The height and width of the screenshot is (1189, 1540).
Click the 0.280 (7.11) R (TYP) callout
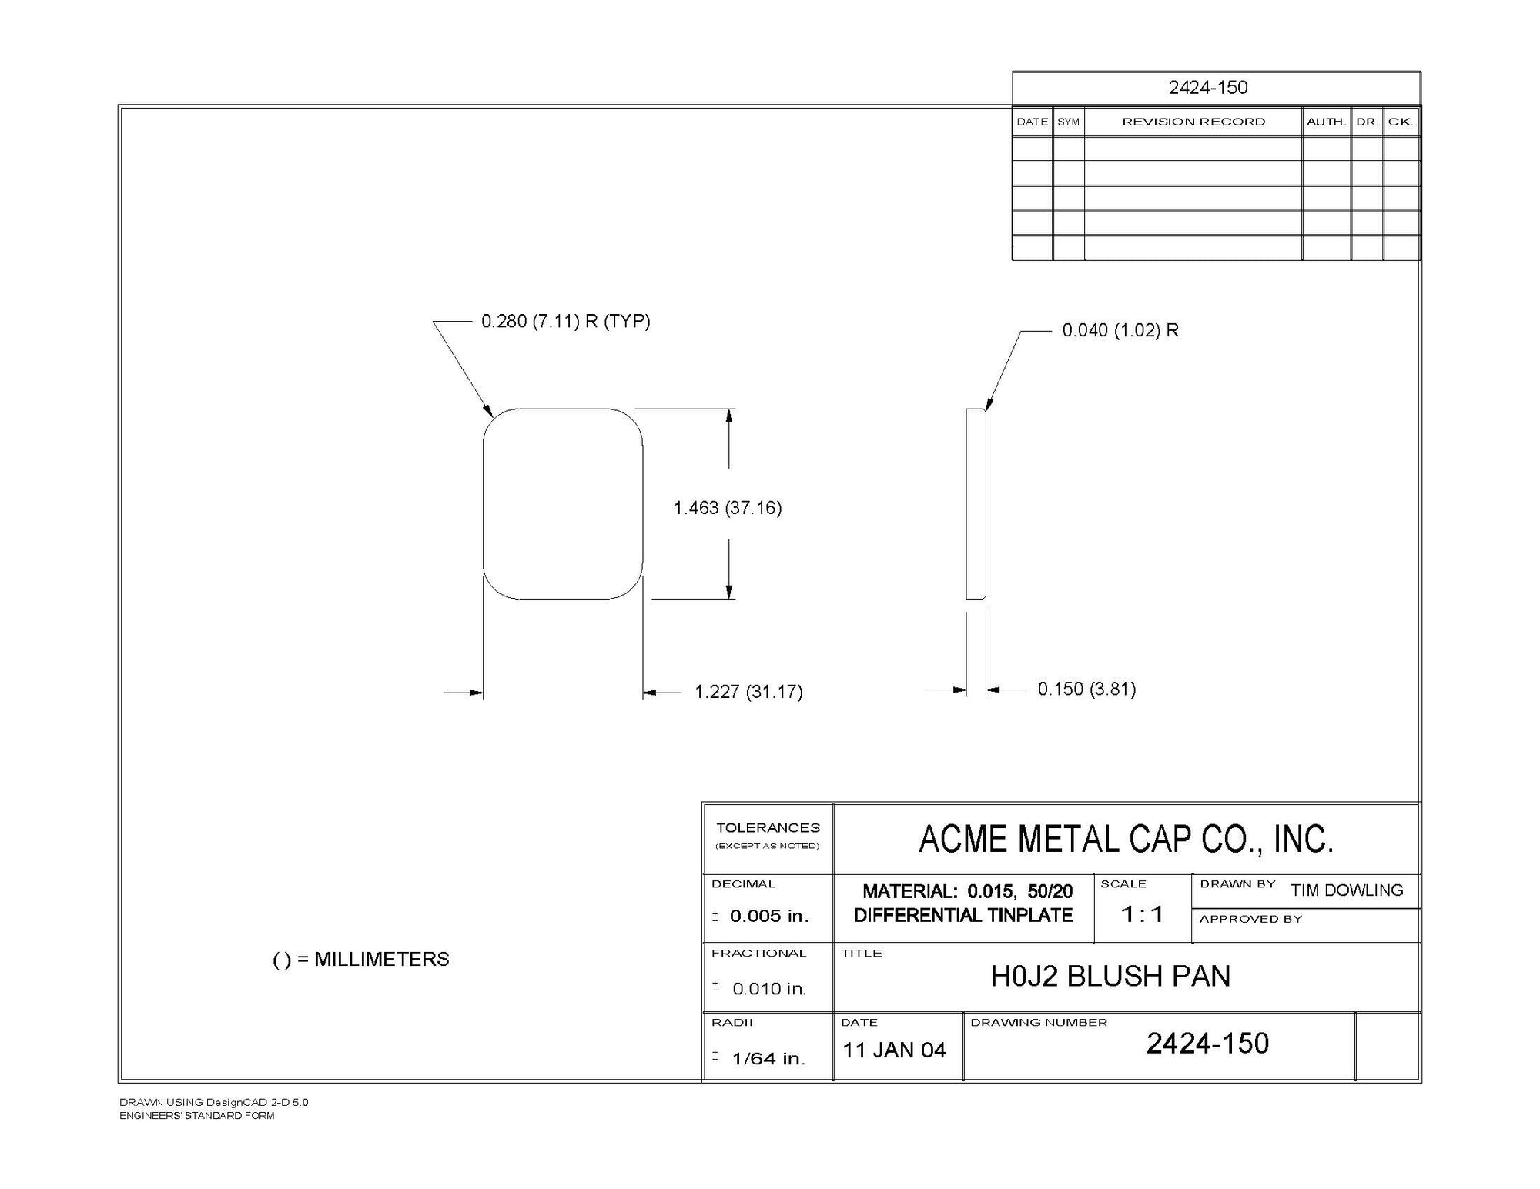pos(566,321)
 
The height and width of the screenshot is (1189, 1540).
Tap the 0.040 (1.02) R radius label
pos(1120,330)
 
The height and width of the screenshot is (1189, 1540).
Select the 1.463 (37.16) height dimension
pos(728,508)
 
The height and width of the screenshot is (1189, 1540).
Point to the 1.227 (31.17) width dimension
pos(748,692)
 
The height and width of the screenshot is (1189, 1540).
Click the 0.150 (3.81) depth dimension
pos(1086,689)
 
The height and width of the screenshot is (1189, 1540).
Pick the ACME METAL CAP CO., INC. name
pos(1126,839)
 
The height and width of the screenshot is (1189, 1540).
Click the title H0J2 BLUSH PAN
pos(1110,976)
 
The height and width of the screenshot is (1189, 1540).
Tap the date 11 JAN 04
pos(894,1050)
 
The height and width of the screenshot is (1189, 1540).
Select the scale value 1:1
pos(1142,914)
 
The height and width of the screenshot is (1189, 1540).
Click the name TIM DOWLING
pos(1347,890)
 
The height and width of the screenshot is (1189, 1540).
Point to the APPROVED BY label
pos(1250,919)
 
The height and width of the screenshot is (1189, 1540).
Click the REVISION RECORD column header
pos(1193,122)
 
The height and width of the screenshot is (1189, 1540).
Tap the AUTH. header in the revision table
pos(1326,122)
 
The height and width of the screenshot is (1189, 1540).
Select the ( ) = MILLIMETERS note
pos(361,960)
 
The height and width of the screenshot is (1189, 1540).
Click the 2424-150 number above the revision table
pos(1208,88)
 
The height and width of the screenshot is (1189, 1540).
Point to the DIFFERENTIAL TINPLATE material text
pos(963,915)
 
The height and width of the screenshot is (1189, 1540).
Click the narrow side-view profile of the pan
pos(976,503)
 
